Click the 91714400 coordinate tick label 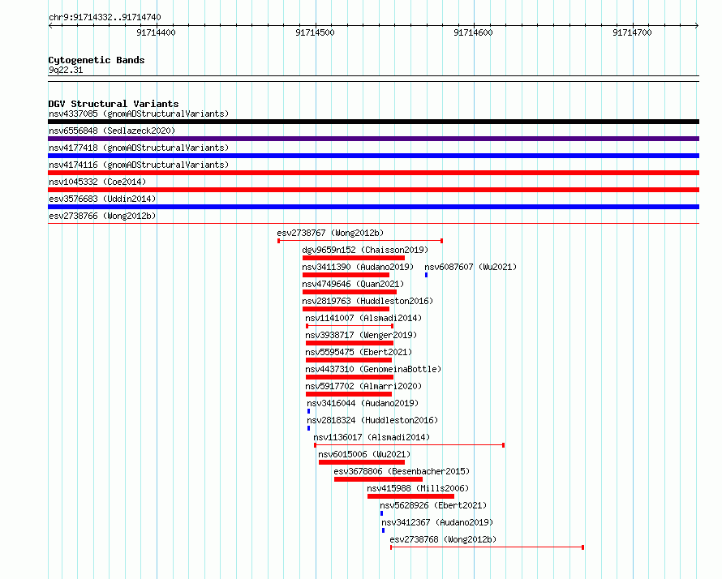click(156, 32)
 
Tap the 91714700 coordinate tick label click(632, 32)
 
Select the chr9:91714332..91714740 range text click(105, 18)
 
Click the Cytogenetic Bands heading click(97, 60)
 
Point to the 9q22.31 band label click(66, 70)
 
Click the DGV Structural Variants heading click(114, 104)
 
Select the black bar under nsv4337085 click(373, 122)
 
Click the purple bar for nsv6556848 click(373, 139)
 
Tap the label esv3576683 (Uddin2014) click(102, 199)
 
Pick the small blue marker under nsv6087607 click(427, 275)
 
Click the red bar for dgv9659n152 click(354, 258)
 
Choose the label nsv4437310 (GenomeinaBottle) click(373, 369)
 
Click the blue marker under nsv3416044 click(308, 411)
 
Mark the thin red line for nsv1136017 click(410, 445)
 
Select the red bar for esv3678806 click(378, 479)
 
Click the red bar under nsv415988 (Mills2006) click(410, 496)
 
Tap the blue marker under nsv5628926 click(382, 513)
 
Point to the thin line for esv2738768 click(488, 547)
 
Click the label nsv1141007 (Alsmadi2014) click(363, 318)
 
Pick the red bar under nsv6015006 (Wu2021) click(362, 462)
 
